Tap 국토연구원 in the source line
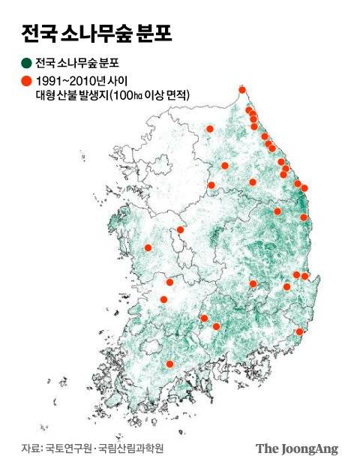[66, 448]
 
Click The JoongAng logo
[297, 448]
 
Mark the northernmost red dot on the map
[242, 90]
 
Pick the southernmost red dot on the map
[169, 364]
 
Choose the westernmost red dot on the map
[148, 247]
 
